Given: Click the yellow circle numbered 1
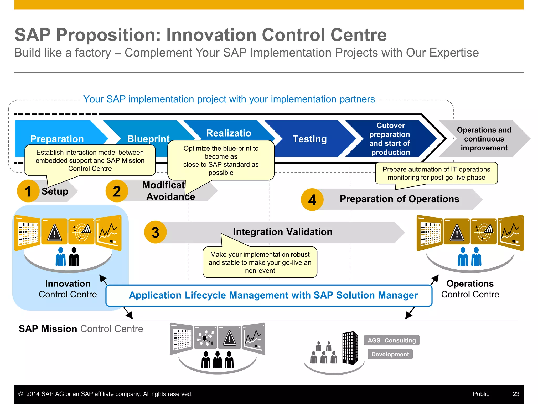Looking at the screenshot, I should tap(28, 191).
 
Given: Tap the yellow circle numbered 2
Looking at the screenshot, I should tap(117, 191).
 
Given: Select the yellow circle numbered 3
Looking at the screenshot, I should tap(155, 232).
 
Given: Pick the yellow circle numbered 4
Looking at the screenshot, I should tap(312, 200).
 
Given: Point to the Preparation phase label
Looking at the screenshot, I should tap(57, 139).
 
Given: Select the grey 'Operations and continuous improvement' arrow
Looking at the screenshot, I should tap(484, 139).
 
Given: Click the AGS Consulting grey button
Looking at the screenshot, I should tap(391, 340).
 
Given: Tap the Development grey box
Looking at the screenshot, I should tap(390, 354).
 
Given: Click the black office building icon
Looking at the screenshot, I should tap(350, 348).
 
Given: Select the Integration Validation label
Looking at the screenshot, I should tap(283, 232).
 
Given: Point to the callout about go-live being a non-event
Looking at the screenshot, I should tap(260, 262).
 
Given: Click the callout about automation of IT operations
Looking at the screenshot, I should tap(436, 173).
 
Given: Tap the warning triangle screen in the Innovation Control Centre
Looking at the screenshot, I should tap(54, 232).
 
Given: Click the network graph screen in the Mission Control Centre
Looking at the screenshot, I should tap(205, 337).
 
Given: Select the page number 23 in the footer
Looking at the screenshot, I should tap(516, 394).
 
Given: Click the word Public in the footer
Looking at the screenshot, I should tap(481, 394).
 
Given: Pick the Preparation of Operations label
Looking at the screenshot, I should tap(399, 199).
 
